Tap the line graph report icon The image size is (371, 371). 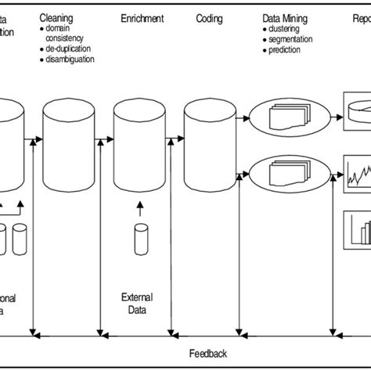(x=357, y=171)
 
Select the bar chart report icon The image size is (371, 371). (x=357, y=229)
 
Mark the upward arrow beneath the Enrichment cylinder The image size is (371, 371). (x=141, y=208)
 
